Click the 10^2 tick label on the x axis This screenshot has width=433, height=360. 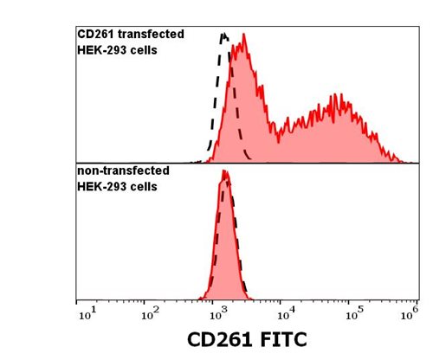coord(152,312)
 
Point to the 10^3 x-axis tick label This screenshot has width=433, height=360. coord(217,312)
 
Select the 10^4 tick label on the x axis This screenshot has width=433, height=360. coord(284,312)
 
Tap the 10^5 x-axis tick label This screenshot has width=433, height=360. coord(351,312)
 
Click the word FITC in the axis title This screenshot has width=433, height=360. coord(279,339)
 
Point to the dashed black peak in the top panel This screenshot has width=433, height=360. coord(224,36)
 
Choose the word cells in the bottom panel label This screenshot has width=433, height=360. coord(143,186)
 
